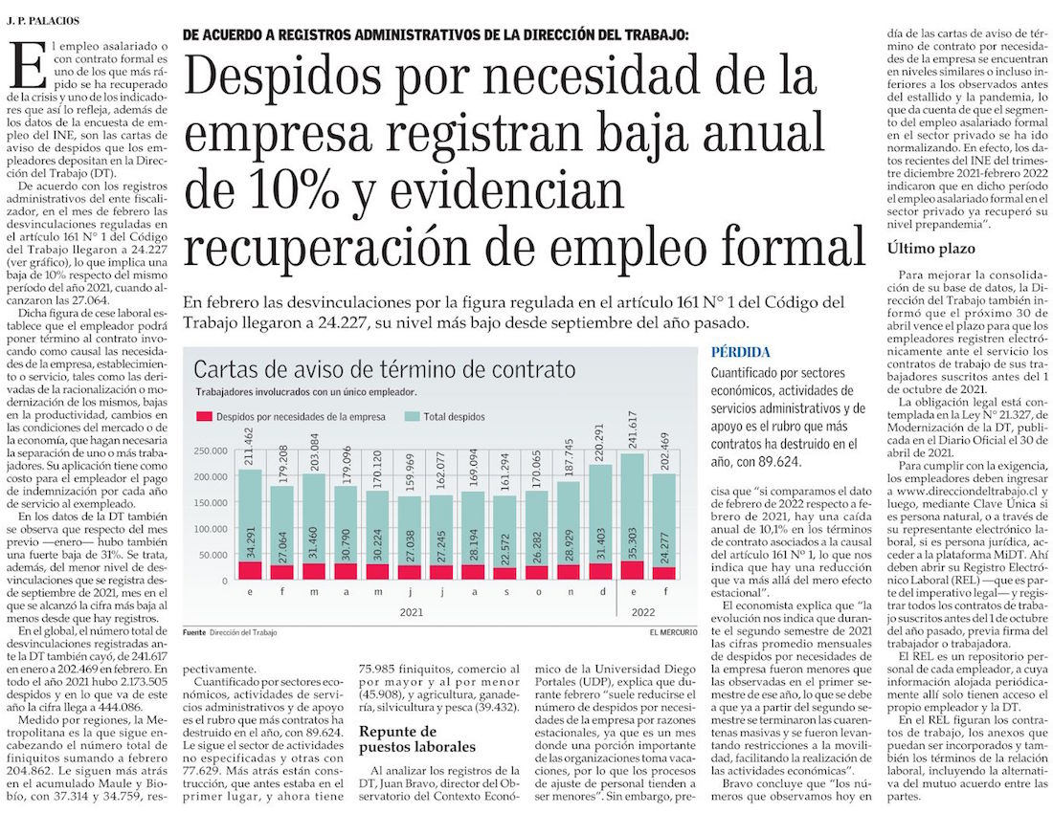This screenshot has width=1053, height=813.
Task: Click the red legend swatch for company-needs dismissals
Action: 203,417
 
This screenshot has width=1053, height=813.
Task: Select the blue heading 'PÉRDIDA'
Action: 741,352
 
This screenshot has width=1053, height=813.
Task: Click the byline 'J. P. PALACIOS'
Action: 43,20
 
